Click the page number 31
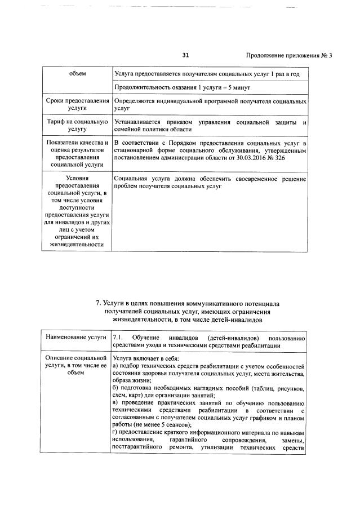[186, 55]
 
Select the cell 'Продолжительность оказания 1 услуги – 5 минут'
[182, 88]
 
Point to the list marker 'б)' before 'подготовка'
[116, 389]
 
